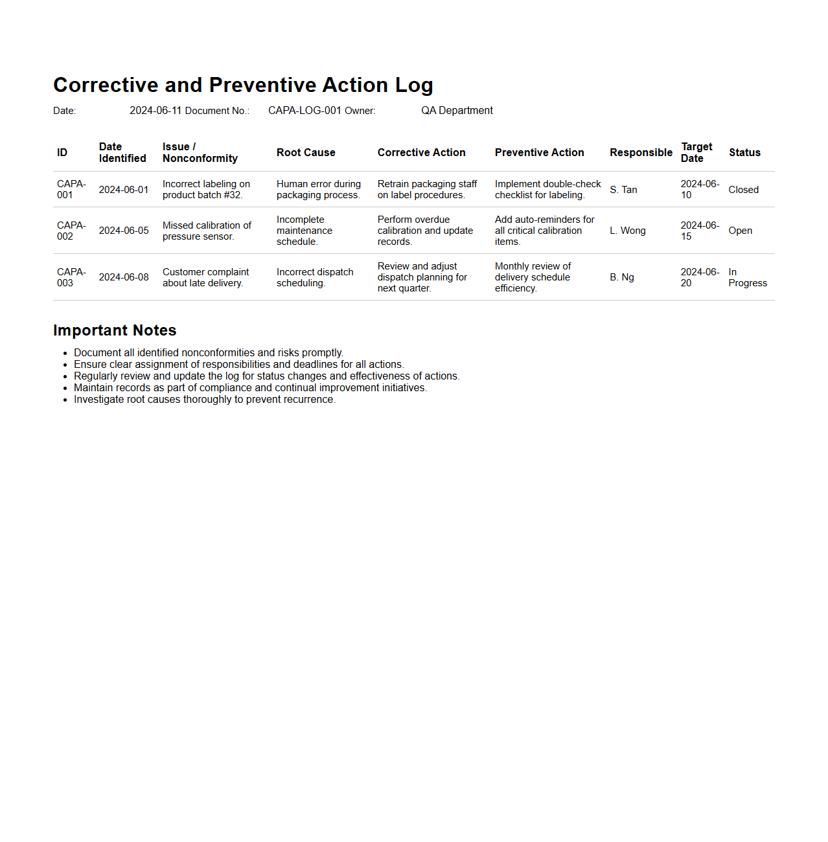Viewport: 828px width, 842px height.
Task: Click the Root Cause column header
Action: [306, 153]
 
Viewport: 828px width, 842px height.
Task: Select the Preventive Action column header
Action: [539, 153]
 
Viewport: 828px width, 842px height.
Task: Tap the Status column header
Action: [744, 153]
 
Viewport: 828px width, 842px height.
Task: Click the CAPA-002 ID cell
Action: [71, 231]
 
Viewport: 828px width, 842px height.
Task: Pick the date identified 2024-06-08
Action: [124, 277]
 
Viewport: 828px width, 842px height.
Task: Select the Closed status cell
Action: [743, 190]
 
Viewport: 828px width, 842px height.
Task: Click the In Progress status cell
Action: [747, 277]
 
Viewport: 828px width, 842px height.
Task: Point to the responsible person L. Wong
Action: [627, 231]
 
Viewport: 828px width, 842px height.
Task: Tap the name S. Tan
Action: [623, 190]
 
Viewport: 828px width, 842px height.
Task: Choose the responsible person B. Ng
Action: [622, 277]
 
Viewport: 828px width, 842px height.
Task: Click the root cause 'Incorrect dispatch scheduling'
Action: [315, 277]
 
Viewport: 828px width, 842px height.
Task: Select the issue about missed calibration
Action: [207, 231]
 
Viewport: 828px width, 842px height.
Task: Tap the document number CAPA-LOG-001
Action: [305, 111]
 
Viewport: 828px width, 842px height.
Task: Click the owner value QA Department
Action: [457, 111]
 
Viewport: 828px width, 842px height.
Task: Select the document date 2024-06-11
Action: [155, 111]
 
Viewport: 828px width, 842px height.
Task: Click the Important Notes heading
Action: [115, 330]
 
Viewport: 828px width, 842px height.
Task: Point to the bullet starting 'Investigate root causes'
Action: [204, 400]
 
